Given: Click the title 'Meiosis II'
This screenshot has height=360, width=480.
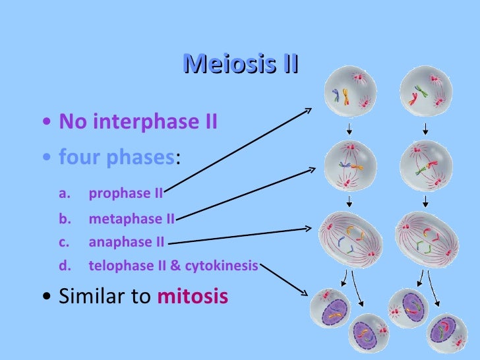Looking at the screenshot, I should (x=240, y=64).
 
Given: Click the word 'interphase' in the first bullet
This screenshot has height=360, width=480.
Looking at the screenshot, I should (x=142, y=122).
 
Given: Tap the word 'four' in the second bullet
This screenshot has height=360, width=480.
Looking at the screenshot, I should (x=77, y=158).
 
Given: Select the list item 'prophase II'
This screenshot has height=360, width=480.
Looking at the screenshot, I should (x=125, y=193).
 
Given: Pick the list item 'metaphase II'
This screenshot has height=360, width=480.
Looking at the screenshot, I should (x=131, y=218).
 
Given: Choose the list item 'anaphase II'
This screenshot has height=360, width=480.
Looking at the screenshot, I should (x=126, y=242).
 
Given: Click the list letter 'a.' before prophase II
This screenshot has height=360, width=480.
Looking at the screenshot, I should (x=64, y=193).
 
